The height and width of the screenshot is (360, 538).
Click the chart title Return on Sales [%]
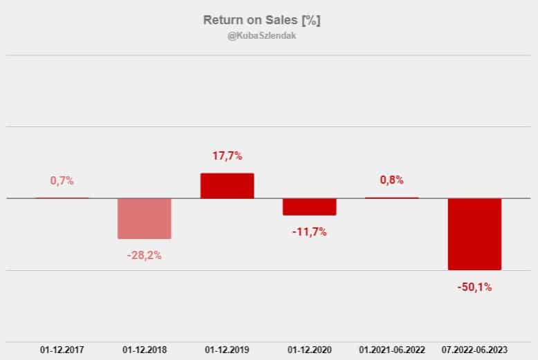pyautogui.click(x=261, y=20)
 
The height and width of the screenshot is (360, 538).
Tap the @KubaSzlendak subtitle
pyautogui.click(x=261, y=36)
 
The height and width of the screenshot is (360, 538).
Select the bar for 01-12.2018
pyautogui.click(x=145, y=218)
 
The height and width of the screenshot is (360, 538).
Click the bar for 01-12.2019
pyautogui.click(x=227, y=186)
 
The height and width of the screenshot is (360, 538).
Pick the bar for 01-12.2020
pyautogui.click(x=309, y=207)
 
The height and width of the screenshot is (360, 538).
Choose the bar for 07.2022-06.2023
pyautogui.click(x=474, y=234)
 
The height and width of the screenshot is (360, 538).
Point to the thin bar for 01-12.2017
pyautogui.click(x=62, y=198)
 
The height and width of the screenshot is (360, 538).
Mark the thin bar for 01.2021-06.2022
pyautogui.click(x=391, y=198)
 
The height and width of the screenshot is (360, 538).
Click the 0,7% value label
pyautogui.click(x=62, y=180)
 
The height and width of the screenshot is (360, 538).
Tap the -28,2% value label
pyautogui.click(x=145, y=255)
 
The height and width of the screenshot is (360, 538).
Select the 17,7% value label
pyautogui.click(x=227, y=156)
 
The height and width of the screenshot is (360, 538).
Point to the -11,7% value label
pyautogui.click(x=309, y=231)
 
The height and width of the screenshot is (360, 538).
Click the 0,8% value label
pyautogui.click(x=391, y=180)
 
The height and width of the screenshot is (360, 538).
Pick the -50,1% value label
pyautogui.click(x=474, y=287)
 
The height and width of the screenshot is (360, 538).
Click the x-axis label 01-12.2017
pyautogui.click(x=62, y=350)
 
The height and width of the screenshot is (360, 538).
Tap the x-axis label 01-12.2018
pyautogui.click(x=145, y=350)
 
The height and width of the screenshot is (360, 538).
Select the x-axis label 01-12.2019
pyautogui.click(x=227, y=350)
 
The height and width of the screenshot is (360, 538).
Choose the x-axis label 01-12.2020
pyautogui.click(x=309, y=350)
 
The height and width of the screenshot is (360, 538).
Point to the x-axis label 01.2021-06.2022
pyautogui.click(x=391, y=350)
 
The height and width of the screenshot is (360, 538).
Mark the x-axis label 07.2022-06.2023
pyautogui.click(x=474, y=350)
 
